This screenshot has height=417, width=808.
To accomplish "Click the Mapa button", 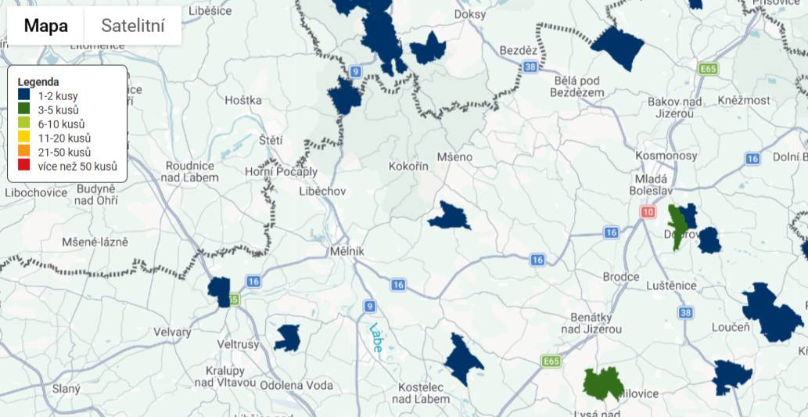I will click(45, 26).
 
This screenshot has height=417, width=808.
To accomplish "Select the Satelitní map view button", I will click(133, 26).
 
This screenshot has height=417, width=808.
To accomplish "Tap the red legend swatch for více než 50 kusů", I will click(23, 166).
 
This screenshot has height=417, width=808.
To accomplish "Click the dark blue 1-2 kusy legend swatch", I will click(23, 96).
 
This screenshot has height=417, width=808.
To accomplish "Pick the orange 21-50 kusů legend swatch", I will click(23, 152).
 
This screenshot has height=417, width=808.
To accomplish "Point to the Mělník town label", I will click(348, 251).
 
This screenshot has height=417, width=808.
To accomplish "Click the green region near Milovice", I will click(603, 383).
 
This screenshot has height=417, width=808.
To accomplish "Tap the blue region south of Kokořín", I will click(449, 216).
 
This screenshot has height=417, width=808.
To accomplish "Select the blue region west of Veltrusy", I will click(220, 290).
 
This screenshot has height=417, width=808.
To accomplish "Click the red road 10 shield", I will click(647, 212).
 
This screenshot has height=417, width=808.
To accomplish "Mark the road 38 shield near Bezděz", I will click(530, 67).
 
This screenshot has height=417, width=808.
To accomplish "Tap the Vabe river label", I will click(376, 336).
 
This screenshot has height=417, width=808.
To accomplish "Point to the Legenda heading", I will click(38, 82).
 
